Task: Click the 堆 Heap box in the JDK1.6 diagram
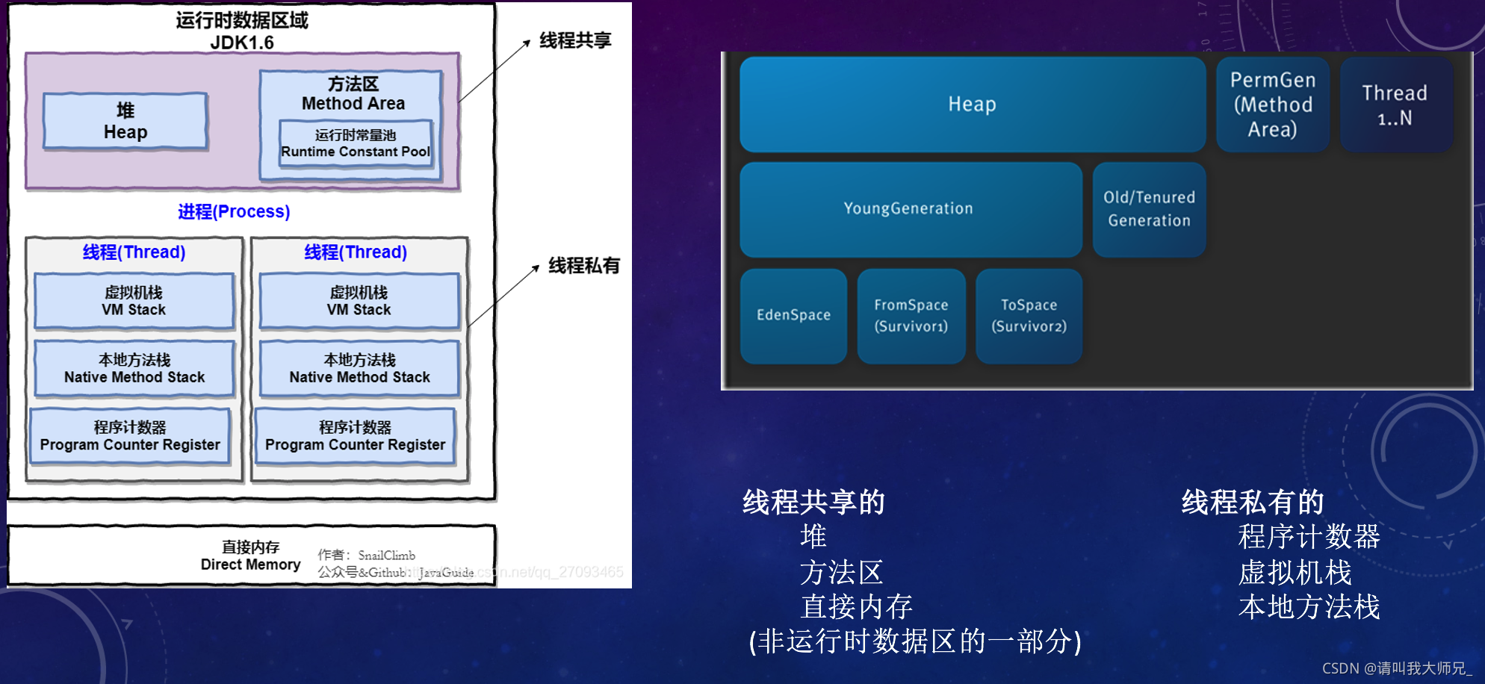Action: tap(125, 121)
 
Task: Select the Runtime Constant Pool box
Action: tap(356, 143)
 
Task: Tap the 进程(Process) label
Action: tap(234, 211)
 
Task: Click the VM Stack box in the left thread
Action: tap(134, 301)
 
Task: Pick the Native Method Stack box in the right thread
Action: tap(359, 369)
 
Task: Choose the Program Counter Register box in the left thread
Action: tap(130, 436)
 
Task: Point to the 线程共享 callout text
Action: tap(575, 40)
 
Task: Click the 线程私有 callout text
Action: tap(584, 266)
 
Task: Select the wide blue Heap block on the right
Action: tap(972, 105)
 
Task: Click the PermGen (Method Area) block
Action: tap(1272, 105)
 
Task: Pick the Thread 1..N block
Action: tap(1395, 105)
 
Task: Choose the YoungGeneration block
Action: tap(909, 209)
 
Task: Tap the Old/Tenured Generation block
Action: tap(1149, 209)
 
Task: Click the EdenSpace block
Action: tap(793, 316)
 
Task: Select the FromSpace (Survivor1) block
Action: tap(911, 316)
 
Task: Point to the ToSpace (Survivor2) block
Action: tap(1029, 316)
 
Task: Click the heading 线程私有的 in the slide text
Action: tap(1253, 502)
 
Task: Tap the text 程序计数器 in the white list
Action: tap(1309, 537)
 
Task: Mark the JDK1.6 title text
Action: tap(242, 43)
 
